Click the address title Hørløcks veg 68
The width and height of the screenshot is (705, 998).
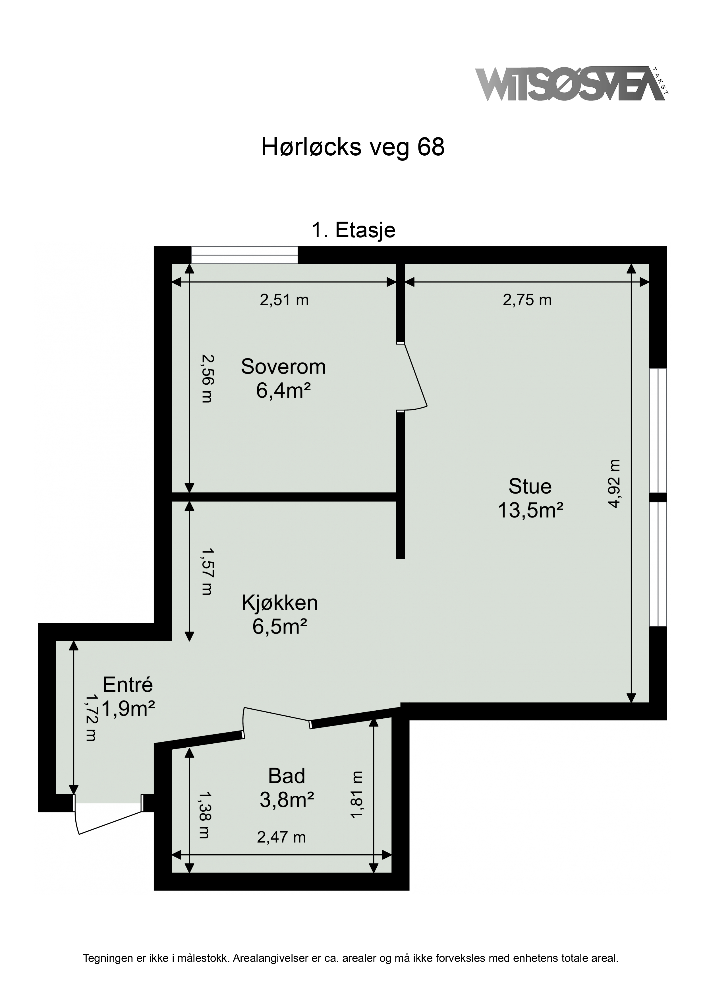tap(353, 147)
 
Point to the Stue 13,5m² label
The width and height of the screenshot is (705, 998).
tap(530, 498)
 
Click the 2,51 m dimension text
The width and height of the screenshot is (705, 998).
tap(284, 300)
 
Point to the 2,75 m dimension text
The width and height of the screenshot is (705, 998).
tap(527, 300)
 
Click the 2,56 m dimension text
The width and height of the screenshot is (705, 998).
tap(207, 379)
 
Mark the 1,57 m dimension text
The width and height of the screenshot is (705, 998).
tap(207, 571)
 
